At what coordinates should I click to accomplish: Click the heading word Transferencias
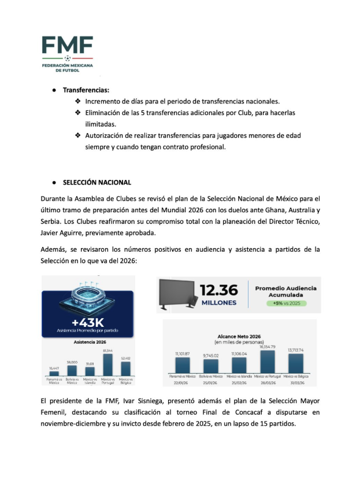[86, 90]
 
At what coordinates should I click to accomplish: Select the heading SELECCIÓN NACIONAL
[97, 183]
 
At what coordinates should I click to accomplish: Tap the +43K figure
[88, 322]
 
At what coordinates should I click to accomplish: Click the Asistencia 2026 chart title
[88, 342]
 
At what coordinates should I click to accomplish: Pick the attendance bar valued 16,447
[54, 373]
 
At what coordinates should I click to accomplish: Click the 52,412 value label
[126, 358]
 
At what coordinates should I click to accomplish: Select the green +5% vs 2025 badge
[283, 303]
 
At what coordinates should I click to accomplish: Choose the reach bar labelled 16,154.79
[268, 362]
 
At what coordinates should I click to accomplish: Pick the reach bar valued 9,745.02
[210, 366]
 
